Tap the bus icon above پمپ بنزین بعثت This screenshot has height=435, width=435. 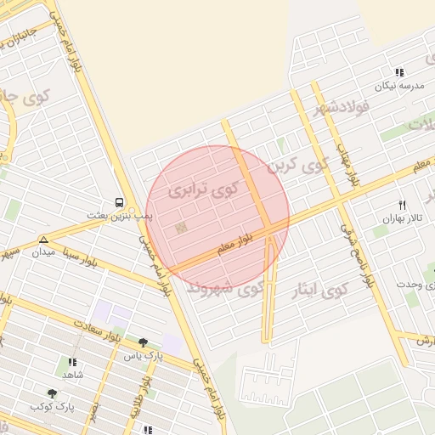coord(119,204)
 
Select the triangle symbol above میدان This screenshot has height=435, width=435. coord(43,240)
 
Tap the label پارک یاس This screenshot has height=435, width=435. coord(142,355)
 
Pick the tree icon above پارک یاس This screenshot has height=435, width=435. coord(142,342)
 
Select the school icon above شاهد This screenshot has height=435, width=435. coord(71,362)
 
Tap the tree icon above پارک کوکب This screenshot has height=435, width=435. coord(53,394)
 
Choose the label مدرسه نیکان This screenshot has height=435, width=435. coord(399,87)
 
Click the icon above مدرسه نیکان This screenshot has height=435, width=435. coord(399,73)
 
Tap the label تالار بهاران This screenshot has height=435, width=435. coord(402,218)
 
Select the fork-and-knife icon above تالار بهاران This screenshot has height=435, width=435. coord(403,205)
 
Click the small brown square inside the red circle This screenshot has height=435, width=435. coord(179,228)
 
